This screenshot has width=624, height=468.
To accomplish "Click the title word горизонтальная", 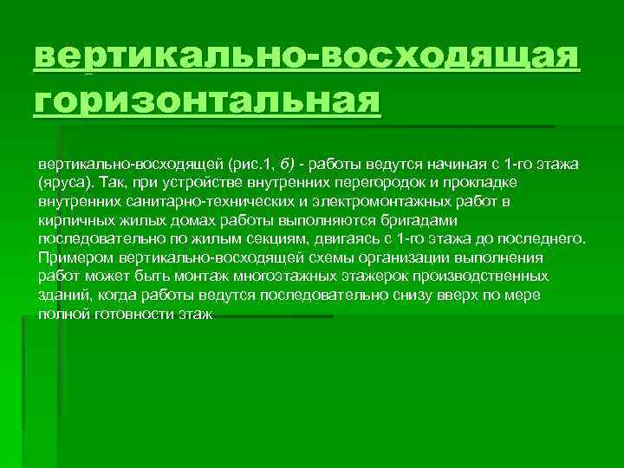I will click(207, 101).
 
